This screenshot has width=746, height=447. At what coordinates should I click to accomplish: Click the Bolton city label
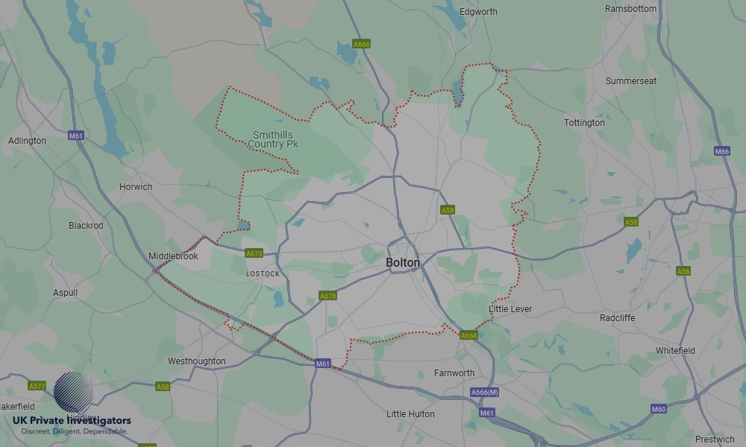coord(403,263)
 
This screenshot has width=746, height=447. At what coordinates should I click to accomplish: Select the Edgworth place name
coord(478,12)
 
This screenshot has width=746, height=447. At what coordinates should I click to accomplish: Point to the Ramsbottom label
coord(631,9)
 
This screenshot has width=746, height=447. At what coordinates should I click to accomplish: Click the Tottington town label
coord(584,123)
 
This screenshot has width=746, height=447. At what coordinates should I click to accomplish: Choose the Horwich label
coord(136,187)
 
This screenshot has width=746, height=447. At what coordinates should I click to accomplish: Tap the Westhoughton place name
coord(196,361)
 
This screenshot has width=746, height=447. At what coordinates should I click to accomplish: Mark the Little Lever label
coord(510,308)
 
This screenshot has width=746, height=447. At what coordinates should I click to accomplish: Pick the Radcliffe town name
coord(617,318)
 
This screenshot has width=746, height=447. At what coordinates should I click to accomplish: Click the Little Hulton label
coord(410,414)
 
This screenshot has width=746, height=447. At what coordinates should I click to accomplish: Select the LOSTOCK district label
coord(263,274)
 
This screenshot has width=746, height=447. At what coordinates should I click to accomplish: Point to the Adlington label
coord(27,141)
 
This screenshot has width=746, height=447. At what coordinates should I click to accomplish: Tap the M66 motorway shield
coord(721,151)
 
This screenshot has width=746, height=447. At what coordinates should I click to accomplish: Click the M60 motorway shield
coord(658,409)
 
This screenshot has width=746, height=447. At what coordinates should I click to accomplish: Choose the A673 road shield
coord(254,254)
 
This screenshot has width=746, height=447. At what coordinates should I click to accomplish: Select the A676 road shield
coord(327,296)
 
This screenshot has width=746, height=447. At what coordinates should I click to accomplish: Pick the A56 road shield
coord(683,271)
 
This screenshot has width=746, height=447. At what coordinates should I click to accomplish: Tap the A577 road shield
coord(37,386)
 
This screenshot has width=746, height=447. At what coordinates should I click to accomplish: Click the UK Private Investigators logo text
coord(72,421)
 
